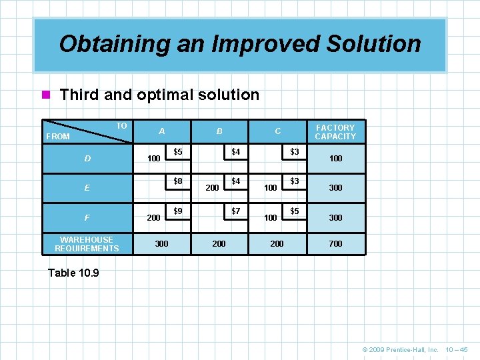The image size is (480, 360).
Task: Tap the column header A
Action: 162,131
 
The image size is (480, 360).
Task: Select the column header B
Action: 219,131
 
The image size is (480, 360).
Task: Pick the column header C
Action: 277,131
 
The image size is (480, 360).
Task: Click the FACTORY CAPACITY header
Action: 335,131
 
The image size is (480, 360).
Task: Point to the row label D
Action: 87,159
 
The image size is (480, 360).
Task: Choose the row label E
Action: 87,188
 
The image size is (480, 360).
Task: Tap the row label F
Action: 87,217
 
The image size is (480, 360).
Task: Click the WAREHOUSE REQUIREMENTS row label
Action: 87,244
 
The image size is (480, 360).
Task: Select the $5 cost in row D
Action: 178,152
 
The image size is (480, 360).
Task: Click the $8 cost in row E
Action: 178,181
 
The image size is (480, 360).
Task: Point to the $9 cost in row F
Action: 178,211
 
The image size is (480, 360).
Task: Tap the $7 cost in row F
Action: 235,211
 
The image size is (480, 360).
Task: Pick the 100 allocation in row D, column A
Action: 153,159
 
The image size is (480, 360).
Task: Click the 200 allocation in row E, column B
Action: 212,189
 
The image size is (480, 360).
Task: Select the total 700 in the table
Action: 335,244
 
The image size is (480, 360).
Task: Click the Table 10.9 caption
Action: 74,273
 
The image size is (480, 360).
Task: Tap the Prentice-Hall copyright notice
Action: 400,349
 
